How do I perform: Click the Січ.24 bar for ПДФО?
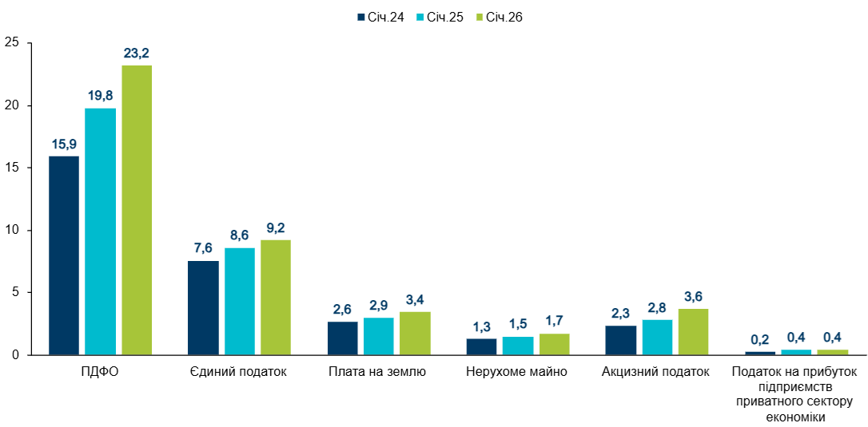pos(64,255)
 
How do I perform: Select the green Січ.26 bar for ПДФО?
pos(137,210)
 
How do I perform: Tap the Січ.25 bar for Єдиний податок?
pos(240,301)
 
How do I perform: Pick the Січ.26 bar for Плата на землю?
pos(415,333)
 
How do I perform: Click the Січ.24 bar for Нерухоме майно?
pos(481,346)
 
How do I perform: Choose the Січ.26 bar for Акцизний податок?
pos(693,331)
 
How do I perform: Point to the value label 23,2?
pos(137,53)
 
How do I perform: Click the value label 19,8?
pos(100,96)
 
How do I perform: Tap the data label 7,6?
pos(203,248)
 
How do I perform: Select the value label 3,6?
pos(693,296)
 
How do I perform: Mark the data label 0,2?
pos(760,339)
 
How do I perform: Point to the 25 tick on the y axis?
pos(10,43)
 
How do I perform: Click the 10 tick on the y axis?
pos(10,230)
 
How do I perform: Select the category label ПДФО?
pos(101,371)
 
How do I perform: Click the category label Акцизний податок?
pos(656,371)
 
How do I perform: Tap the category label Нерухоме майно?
pos(517,371)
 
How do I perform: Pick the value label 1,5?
pos(518,324)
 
